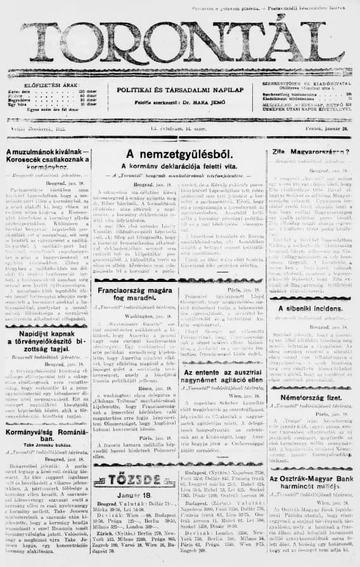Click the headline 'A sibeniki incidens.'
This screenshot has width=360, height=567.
(x=311, y=309)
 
